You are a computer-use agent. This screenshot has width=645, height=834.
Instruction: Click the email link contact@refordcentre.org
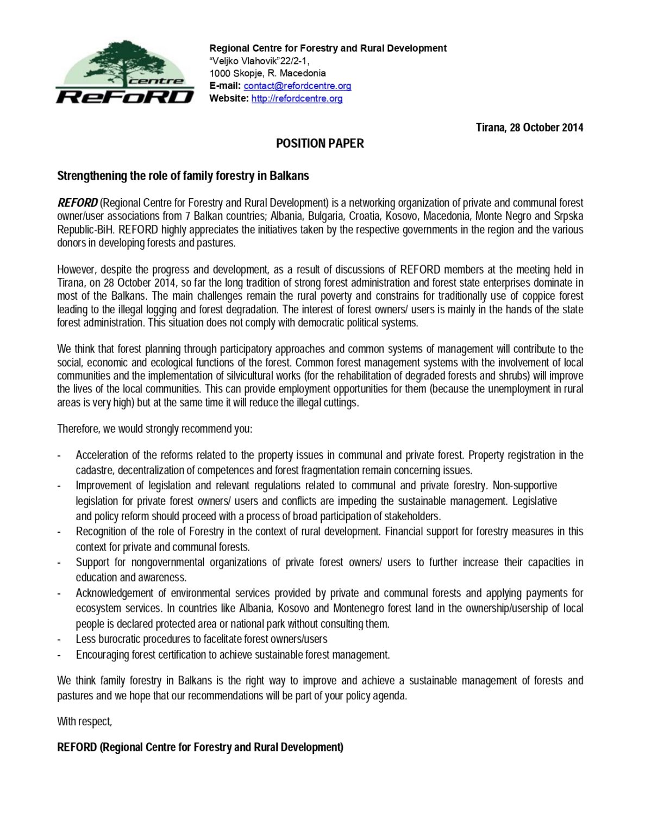[297, 86]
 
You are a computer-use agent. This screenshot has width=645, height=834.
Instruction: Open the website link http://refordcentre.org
[297, 98]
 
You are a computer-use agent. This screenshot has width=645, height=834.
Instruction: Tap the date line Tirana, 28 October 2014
[529, 128]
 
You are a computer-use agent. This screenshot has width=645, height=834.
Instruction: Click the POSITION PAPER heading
[320, 143]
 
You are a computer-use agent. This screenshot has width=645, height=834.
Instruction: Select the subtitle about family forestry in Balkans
[183, 176]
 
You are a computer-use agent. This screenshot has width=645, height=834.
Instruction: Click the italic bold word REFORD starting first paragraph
[77, 203]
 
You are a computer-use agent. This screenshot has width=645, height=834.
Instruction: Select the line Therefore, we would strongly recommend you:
[155, 429]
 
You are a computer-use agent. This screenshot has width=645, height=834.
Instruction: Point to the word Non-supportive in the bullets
[524, 485]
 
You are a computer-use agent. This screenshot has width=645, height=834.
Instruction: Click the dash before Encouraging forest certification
[59, 655]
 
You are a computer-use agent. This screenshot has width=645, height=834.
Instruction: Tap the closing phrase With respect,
[84, 722]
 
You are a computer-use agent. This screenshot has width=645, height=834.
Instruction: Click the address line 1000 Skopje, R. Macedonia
[267, 73]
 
